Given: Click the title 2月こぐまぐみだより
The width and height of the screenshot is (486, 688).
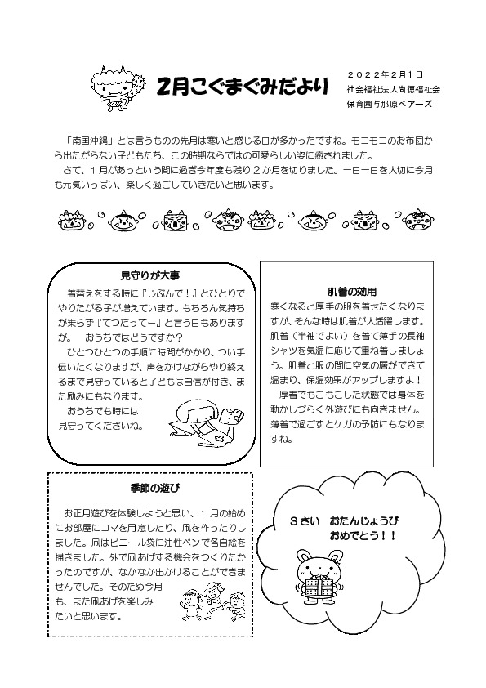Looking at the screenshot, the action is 243,84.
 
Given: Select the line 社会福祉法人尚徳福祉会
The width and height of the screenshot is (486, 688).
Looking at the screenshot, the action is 393,88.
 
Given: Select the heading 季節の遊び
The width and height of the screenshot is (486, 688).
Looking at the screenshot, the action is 147,488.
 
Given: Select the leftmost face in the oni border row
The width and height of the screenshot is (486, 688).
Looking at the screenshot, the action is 70,220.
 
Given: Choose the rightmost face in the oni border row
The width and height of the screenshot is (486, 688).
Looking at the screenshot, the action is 418,220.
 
